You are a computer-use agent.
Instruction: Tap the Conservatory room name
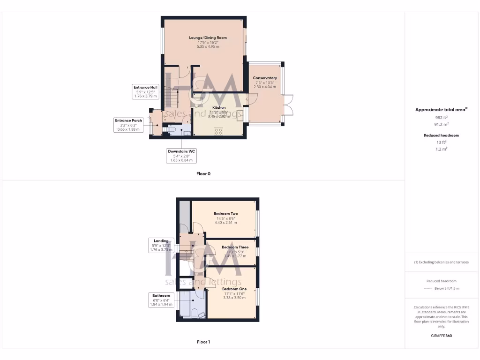pyautogui.click(x=265, y=78)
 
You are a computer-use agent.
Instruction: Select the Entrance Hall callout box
pyautogui.click(x=145, y=91)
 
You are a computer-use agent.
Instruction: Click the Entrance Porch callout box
pyautogui.click(x=128, y=125)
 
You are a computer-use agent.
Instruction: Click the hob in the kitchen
pyautogui.click(x=218, y=131)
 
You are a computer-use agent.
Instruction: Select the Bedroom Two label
pyautogui.click(x=225, y=214)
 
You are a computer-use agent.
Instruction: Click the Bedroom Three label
pyautogui.click(x=235, y=247)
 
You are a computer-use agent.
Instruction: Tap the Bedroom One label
pyautogui.click(x=234, y=289)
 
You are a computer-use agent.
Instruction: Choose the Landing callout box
pyautogui.click(x=161, y=245)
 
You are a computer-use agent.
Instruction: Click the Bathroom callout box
pyautogui.click(x=161, y=300)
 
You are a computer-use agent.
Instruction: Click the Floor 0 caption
pyautogui.click(x=203, y=173)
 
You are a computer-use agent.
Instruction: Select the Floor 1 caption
pyautogui.click(x=203, y=342)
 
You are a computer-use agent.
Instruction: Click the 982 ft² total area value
pyautogui.click(x=441, y=118)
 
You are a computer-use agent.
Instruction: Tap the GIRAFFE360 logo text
pyautogui.click(x=441, y=336)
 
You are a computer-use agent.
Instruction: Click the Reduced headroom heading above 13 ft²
pyautogui.click(x=441, y=135)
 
